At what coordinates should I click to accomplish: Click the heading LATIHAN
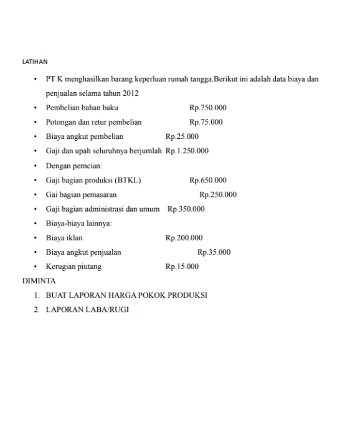35,62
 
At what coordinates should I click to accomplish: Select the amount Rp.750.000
208,108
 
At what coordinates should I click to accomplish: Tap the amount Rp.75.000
206,122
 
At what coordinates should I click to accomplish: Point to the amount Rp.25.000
182,136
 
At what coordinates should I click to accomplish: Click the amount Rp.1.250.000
187,151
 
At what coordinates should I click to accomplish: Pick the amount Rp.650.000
208,181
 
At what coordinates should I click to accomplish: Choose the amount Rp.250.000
218,194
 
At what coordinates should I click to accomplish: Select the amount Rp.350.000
186,209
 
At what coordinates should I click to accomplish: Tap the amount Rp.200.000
184,238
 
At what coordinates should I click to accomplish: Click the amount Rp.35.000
214,252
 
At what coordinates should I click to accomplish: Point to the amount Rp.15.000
182,267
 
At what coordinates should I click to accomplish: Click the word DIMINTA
39,281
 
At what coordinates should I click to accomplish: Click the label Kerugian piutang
73,267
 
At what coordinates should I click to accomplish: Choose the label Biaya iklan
64,238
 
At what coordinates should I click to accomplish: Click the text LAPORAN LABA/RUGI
87,310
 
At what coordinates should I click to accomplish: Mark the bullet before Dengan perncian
36,166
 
